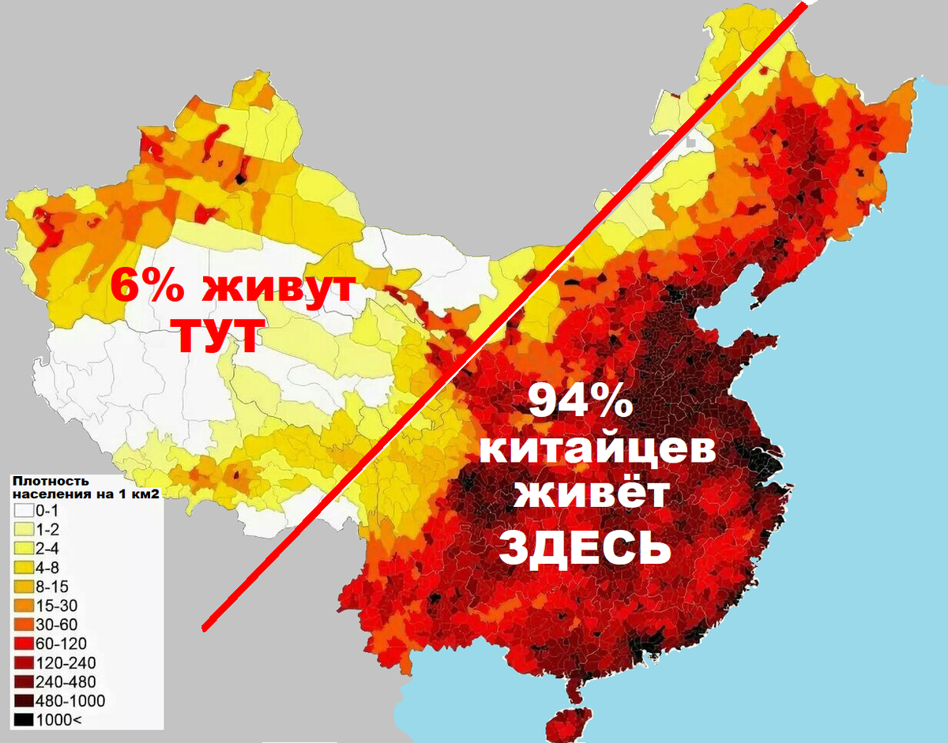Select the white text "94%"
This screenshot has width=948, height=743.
[580, 402]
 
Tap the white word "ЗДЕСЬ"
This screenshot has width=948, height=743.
[585, 546]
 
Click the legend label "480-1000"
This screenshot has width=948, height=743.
[65, 700]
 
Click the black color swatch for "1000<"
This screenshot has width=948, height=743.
[22, 719]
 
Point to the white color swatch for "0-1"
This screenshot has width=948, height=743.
[22, 511]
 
